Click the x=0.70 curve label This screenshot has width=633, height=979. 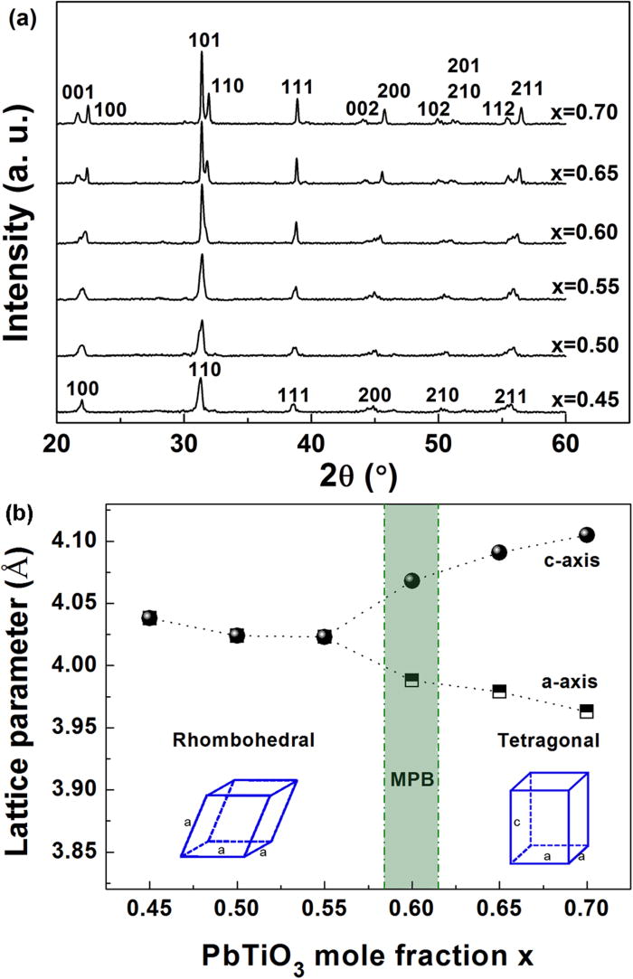pos(583,114)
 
